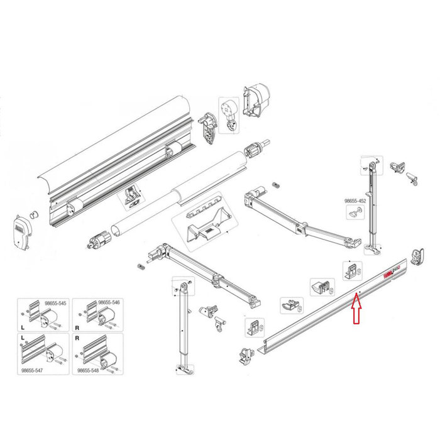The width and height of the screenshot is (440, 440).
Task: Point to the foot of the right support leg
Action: point(375,251)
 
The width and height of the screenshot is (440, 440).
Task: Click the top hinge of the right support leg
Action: point(370,165)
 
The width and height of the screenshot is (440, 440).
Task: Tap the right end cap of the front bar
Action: point(417,258)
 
